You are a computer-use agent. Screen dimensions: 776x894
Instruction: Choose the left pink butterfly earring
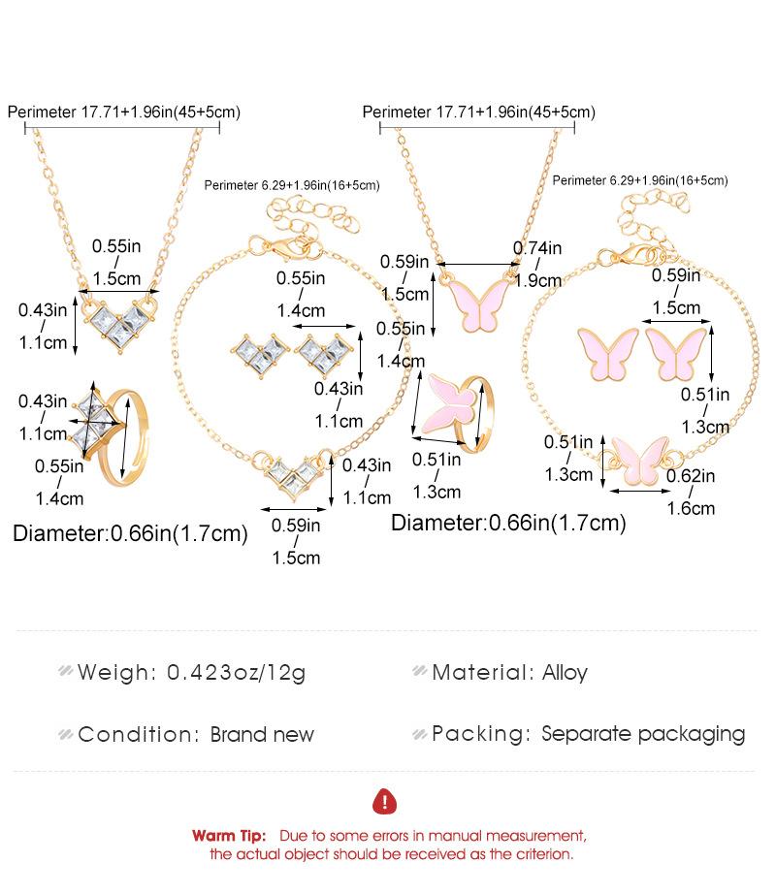[x=608, y=354]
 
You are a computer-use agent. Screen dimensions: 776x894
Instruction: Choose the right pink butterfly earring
[x=675, y=354]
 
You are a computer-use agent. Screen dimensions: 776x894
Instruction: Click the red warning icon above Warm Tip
[x=385, y=802]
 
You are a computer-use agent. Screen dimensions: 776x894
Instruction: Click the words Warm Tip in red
[x=229, y=836]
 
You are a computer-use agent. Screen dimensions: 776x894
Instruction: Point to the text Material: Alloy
[x=509, y=672]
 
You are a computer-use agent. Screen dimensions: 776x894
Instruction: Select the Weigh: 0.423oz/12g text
[x=191, y=672]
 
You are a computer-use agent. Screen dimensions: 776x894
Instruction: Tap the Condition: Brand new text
[x=196, y=734]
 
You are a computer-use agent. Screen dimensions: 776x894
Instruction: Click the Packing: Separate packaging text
[x=588, y=734]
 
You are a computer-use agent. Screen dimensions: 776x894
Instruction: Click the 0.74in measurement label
[x=536, y=249]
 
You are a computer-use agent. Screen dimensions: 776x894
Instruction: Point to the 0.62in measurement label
[x=690, y=476]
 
